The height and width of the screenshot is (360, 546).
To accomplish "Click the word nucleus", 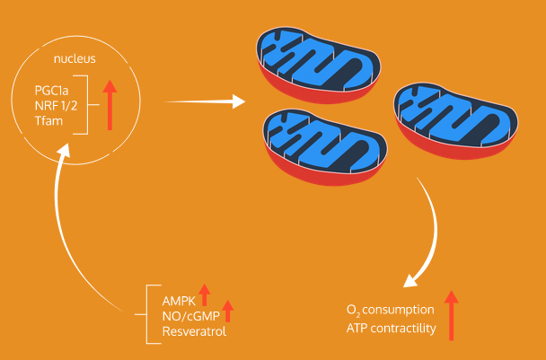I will point(75,60).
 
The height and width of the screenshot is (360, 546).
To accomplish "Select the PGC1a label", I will point(52,91).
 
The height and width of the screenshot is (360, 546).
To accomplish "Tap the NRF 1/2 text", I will point(54,106).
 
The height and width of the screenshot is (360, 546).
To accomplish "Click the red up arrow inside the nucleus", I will point(110,106).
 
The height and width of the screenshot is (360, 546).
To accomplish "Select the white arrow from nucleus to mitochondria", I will point(205,102).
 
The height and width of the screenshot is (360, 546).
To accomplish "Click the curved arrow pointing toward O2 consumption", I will point(428,233).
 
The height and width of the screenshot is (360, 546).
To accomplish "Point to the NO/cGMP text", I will point(189,316).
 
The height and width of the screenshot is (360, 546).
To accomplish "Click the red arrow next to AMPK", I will point(205,294).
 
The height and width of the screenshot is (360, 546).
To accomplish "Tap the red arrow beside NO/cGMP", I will point(228,311).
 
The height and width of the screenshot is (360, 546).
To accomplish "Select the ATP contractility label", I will point(391,329).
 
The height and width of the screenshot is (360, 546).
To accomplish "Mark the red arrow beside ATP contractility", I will point(451,315).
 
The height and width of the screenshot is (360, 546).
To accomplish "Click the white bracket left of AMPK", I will point(148,314).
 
